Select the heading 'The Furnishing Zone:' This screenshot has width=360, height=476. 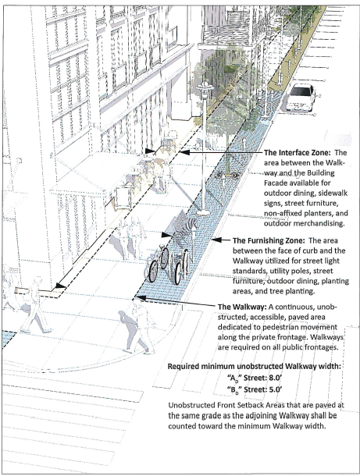point(269,240)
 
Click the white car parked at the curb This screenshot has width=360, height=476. point(300,97)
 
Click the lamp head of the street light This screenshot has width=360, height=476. point(205,88)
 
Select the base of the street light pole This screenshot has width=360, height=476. point(203,212)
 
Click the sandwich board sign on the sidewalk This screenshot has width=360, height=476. point(123,198)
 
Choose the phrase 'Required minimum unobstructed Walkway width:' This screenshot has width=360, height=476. point(254,366)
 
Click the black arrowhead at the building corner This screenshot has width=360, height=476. point(60,286)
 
